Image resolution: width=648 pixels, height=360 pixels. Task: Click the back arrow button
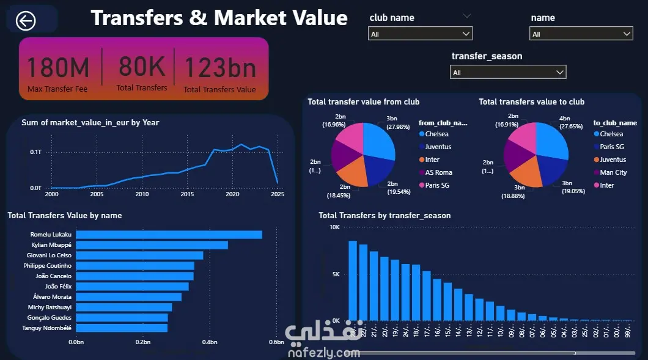click(26, 21)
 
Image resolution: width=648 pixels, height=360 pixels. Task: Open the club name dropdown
click(421, 34)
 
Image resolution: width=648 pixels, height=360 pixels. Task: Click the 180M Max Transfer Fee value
click(58, 68)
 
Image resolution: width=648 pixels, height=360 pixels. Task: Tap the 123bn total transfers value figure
click(220, 68)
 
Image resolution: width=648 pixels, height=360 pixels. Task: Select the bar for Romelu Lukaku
click(169, 235)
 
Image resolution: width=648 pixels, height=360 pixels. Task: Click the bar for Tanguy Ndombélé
click(122, 328)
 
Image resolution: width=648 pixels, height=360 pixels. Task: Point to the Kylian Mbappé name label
click(51, 245)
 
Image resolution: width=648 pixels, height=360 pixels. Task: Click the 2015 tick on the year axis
click(187, 194)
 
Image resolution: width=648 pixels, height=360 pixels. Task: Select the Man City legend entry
click(613, 172)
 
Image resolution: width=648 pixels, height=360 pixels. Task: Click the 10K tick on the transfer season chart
click(334, 227)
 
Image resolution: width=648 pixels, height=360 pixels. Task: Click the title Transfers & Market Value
click(219, 18)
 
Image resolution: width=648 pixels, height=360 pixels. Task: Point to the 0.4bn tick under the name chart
click(210, 342)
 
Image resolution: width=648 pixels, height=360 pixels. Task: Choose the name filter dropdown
click(581, 34)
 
